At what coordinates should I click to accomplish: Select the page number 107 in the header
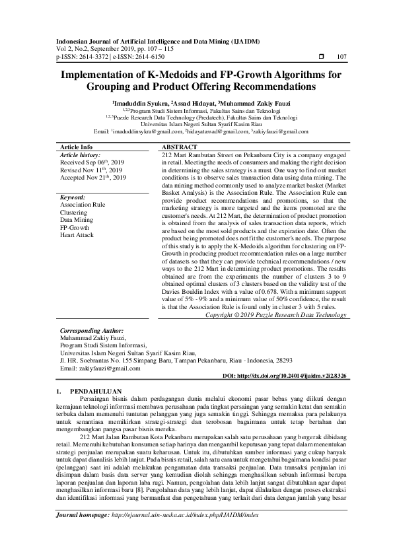(341, 57)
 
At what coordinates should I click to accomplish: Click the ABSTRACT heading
(179, 147)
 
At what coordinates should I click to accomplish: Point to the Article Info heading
(77, 147)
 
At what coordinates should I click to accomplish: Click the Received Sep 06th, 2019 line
(92, 162)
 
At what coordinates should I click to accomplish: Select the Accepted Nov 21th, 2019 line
(92, 178)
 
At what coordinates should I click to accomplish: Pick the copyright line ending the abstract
(275, 316)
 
